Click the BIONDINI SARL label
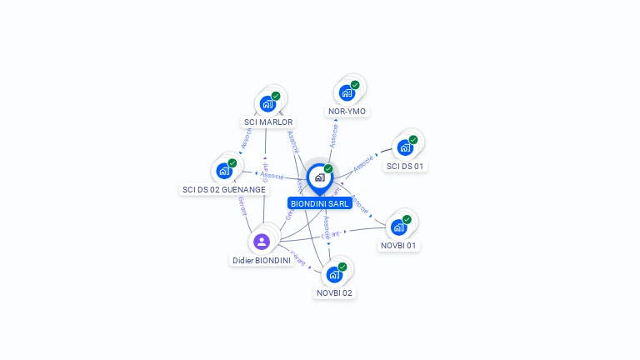[319, 203]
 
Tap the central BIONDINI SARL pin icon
[319, 177]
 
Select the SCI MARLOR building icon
[267, 104]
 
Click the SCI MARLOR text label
[268, 122]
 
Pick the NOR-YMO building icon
[347, 92]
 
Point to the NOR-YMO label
[347, 111]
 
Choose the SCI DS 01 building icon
[405, 147]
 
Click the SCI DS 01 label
[406, 166]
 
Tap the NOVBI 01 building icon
[399, 227]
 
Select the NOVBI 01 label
[399, 246]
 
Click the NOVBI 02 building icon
[334, 274]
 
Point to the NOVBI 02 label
[335, 292]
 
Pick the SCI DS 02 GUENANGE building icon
[224, 171]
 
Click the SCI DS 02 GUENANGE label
[224, 189]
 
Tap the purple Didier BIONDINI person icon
[262, 242]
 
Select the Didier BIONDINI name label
[261, 260]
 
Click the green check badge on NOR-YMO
[355, 85]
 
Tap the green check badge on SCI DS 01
[413, 140]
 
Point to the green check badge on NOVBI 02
[342, 267]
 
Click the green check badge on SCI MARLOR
[276, 96]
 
